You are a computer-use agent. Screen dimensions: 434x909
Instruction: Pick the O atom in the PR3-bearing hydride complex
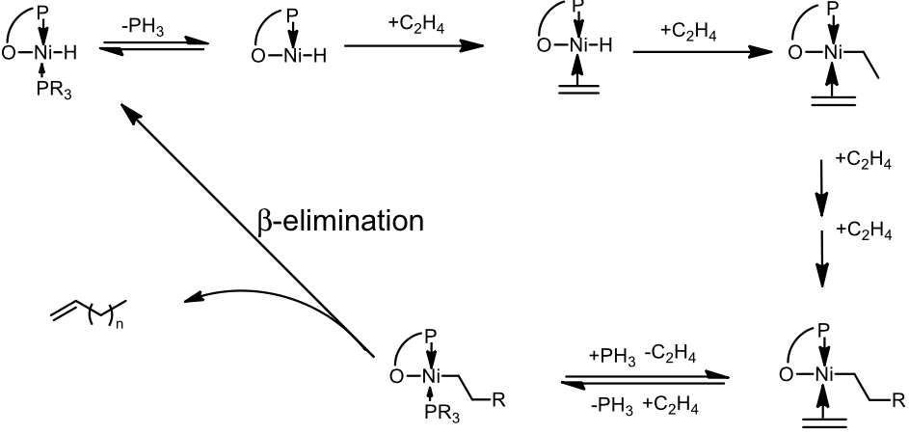[x=9, y=52]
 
